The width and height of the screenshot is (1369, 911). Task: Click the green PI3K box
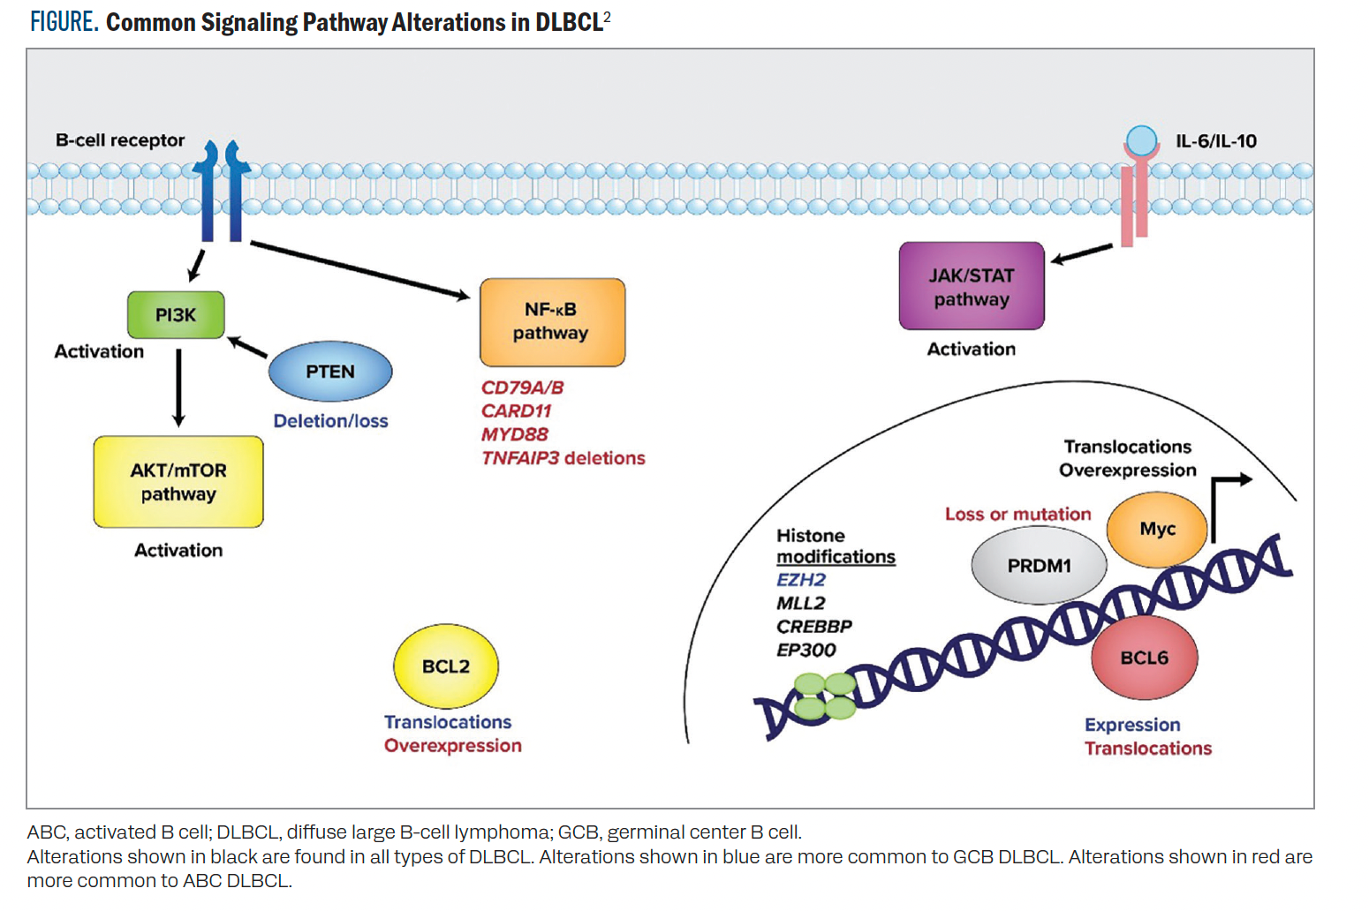pyautogui.click(x=176, y=315)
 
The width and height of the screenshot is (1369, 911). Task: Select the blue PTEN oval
pyautogui.click(x=330, y=372)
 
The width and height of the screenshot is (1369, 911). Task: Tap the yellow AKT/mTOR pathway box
pyautogui.click(x=178, y=482)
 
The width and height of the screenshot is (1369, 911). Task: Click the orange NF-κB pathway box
pyautogui.click(x=552, y=322)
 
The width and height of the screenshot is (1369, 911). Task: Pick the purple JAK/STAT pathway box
pyautogui.click(x=972, y=286)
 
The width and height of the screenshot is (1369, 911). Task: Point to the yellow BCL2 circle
pyautogui.click(x=446, y=666)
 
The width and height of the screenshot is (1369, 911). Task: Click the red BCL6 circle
pyautogui.click(x=1144, y=658)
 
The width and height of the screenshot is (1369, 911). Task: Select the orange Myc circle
pyautogui.click(x=1157, y=529)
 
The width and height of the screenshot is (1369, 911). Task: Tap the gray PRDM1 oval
pyautogui.click(x=1039, y=566)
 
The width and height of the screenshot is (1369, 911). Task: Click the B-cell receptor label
pyautogui.click(x=120, y=140)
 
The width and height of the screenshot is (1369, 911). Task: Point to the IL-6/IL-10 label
pyautogui.click(x=1215, y=141)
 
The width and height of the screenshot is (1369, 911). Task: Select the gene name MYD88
pyautogui.click(x=515, y=434)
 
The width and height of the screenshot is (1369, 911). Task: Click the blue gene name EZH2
pyautogui.click(x=801, y=580)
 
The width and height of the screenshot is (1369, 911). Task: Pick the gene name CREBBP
pyautogui.click(x=814, y=627)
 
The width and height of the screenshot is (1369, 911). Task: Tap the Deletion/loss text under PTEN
pyautogui.click(x=330, y=421)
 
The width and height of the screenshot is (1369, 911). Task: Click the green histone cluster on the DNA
pyautogui.click(x=825, y=696)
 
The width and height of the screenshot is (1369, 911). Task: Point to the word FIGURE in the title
pyautogui.click(x=64, y=22)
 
